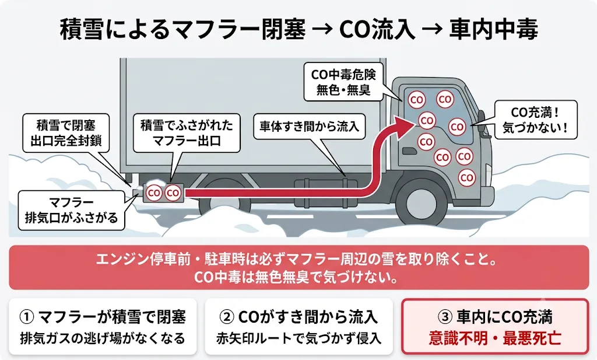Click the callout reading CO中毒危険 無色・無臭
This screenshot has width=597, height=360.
coord(343,82)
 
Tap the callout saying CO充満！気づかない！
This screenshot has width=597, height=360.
coord(536,120)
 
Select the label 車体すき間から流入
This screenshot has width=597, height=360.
coord(309,126)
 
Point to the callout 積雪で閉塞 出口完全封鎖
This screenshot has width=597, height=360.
coord(66,132)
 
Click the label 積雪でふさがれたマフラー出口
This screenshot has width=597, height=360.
coord(187,132)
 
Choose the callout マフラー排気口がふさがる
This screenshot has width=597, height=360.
coord(71,210)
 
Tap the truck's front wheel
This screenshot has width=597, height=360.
coord(421,200)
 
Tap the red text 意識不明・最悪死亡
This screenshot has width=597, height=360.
coord(495,338)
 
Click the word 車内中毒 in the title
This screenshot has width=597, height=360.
coord(493,29)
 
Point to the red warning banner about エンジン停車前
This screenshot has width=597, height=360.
coord(299,267)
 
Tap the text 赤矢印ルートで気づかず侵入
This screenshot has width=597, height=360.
coord(299,338)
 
